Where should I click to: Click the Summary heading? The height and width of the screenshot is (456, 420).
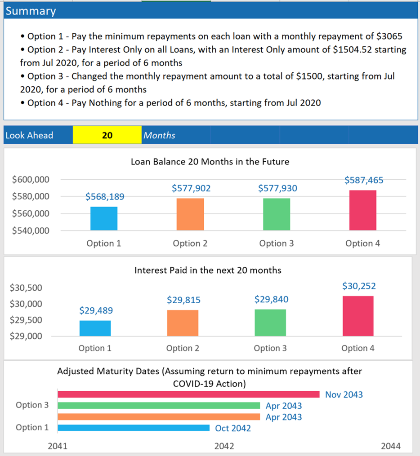pyautogui.click(x=31, y=11)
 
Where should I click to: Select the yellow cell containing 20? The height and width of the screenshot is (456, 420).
pyautogui.click(x=107, y=135)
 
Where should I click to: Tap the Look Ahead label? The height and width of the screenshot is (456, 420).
pyautogui.click(x=29, y=135)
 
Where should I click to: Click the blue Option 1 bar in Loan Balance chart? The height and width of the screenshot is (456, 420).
pyautogui.click(x=103, y=219)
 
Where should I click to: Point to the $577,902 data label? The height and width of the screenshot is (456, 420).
pyautogui.click(x=191, y=189)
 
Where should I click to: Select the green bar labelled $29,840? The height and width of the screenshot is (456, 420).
pyautogui.click(x=270, y=323)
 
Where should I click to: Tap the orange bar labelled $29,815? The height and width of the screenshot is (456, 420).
pyautogui.click(x=183, y=323)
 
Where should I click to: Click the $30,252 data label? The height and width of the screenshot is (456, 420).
pyautogui.click(x=359, y=286)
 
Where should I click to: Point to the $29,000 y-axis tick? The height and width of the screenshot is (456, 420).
pyautogui.click(x=26, y=336)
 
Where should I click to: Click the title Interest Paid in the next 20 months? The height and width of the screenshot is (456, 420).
pyautogui.click(x=208, y=270)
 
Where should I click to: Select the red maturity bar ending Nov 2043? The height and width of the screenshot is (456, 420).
pyautogui.click(x=188, y=394)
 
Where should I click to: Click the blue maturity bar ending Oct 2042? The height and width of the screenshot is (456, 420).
pyautogui.click(x=134, y=428)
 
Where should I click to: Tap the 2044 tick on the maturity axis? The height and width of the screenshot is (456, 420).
pyautogui.click(x=390, y=446)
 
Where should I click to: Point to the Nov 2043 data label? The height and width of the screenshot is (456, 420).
pyautogui.click(x=344, y=395)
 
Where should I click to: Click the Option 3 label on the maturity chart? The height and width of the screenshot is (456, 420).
pyautogui.click(x=32, y=405)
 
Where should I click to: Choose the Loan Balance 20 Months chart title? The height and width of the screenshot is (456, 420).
pyautogui.click(x=210, y=162)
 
